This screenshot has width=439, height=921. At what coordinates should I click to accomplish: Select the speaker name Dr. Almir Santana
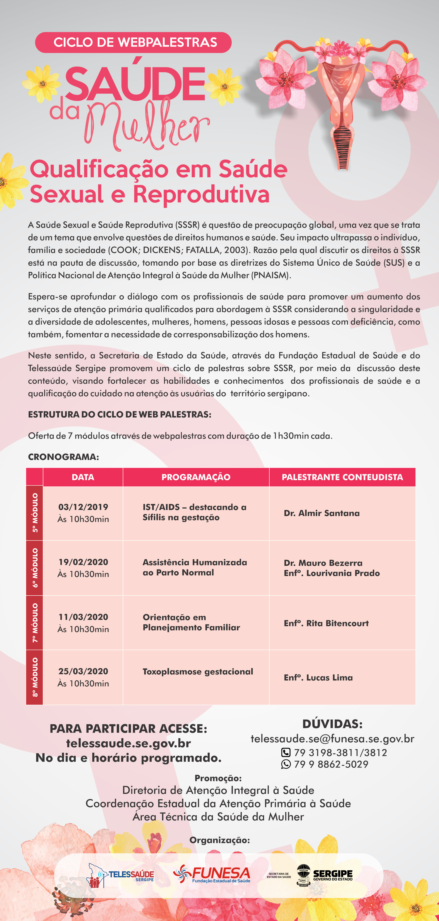coord(322,513)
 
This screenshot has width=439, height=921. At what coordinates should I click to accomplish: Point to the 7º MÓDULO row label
coord(35,622)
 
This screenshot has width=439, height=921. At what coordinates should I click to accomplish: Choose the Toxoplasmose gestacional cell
coord(198,671)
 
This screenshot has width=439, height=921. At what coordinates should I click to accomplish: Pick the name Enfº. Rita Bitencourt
coord(326,623)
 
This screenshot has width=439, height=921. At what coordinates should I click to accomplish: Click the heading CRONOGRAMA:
coord(63,457)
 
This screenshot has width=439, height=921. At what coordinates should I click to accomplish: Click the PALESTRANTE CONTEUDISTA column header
coord(342,477)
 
